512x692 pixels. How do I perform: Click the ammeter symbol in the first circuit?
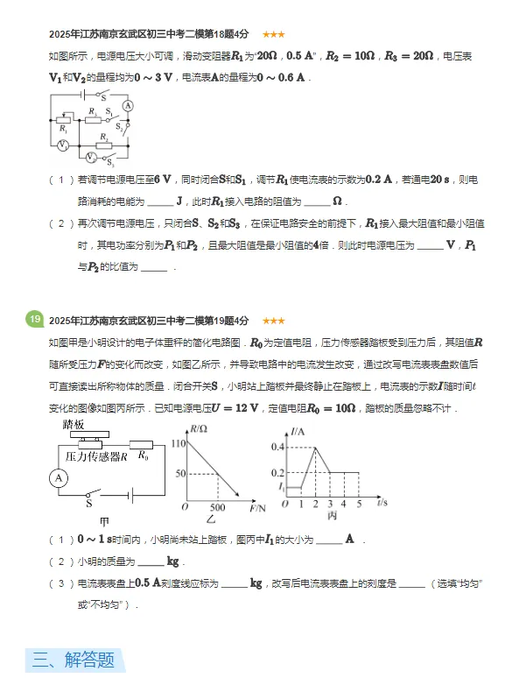coord(128,105)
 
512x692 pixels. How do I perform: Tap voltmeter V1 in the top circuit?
coord(62,145)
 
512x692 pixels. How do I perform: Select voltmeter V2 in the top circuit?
coord(91,158)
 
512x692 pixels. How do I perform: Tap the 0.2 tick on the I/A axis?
coord(277,472)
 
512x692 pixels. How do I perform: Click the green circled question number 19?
coord(34,320)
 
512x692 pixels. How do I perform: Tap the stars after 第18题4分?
coord(272,34)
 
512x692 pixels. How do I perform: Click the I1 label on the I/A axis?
coord(279,486)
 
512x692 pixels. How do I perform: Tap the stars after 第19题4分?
coord(272,321)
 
